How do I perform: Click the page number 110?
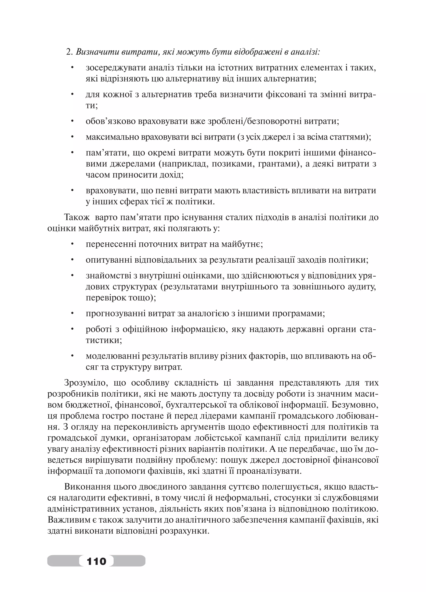[97, 561]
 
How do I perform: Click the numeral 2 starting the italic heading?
[69, 52]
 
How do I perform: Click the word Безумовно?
[355, 405]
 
